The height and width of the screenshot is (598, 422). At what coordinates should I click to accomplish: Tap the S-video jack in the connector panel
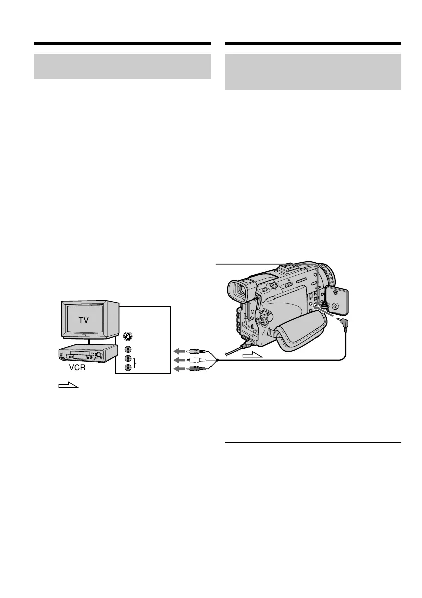pyautogui.click(x=128, y=337)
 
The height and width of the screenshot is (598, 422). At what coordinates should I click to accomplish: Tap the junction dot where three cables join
pyautogui.click(x=217, y=360)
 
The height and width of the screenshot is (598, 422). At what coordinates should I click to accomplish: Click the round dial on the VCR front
pyautogui.click(x=99, y=355)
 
